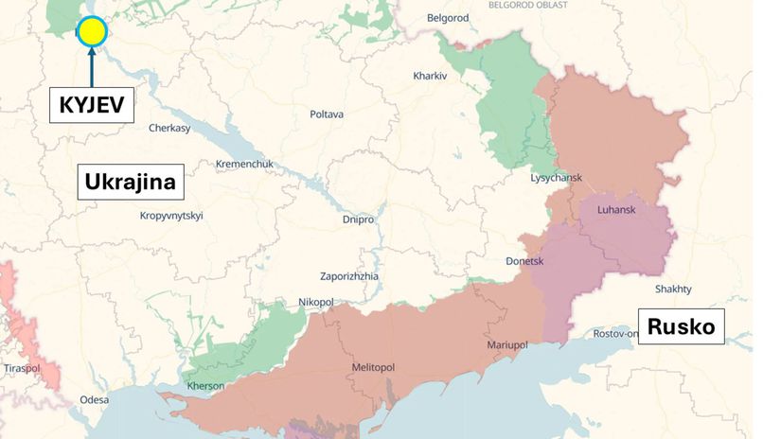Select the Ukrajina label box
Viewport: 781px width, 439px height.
pyautogui.click(x=130, y=182)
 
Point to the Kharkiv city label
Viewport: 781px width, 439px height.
pyautogui.click(x=430, y=76)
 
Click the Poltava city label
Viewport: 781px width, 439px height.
pyautogui.click(x=327, y=114)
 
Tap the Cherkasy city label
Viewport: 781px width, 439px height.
pyautogui.click(x=169, y=128)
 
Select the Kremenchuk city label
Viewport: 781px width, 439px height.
pyautogui.click(x=244, y=164)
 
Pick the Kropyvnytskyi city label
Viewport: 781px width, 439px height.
pyautogui.click(x=171, y=216)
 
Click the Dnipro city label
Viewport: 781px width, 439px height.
pyautogui.click(x=358, y=219)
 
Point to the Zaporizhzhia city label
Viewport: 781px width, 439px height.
pyautogui.click(x=349, y=276)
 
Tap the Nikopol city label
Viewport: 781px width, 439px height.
pyautogui.click(x=316, y=302)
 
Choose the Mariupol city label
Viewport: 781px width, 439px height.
pyautogui.click(x=507, y=345)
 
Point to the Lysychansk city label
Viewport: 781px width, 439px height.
pyautogui.click(x=557, y=178)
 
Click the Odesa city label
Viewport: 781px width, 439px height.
pyautogui.click(x=94, y=399)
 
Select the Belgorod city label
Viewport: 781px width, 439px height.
pyautogui.click(x=449, y=18)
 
